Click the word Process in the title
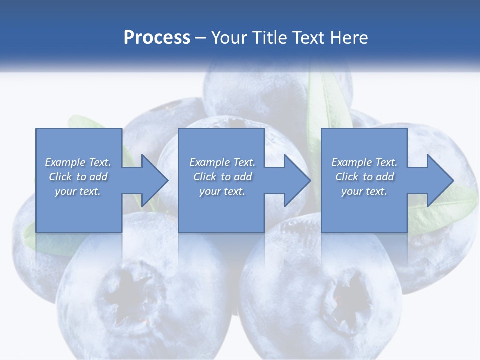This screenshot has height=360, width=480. tap(157, 37)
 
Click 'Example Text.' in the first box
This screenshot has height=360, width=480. tap(78, 162)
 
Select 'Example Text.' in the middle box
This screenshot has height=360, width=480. tap(222, 162)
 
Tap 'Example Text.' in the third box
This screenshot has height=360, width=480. tap(364, 162)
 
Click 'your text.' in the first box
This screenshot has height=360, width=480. tap(78, 191)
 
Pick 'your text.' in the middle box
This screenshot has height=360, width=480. tap(222, 191)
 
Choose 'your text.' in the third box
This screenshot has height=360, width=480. tap(364, 191)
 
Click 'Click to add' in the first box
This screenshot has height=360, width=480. tap(78, 177)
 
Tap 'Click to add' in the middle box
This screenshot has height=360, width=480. tap(222, 177)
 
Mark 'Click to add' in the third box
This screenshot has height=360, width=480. tap(364, 177)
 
